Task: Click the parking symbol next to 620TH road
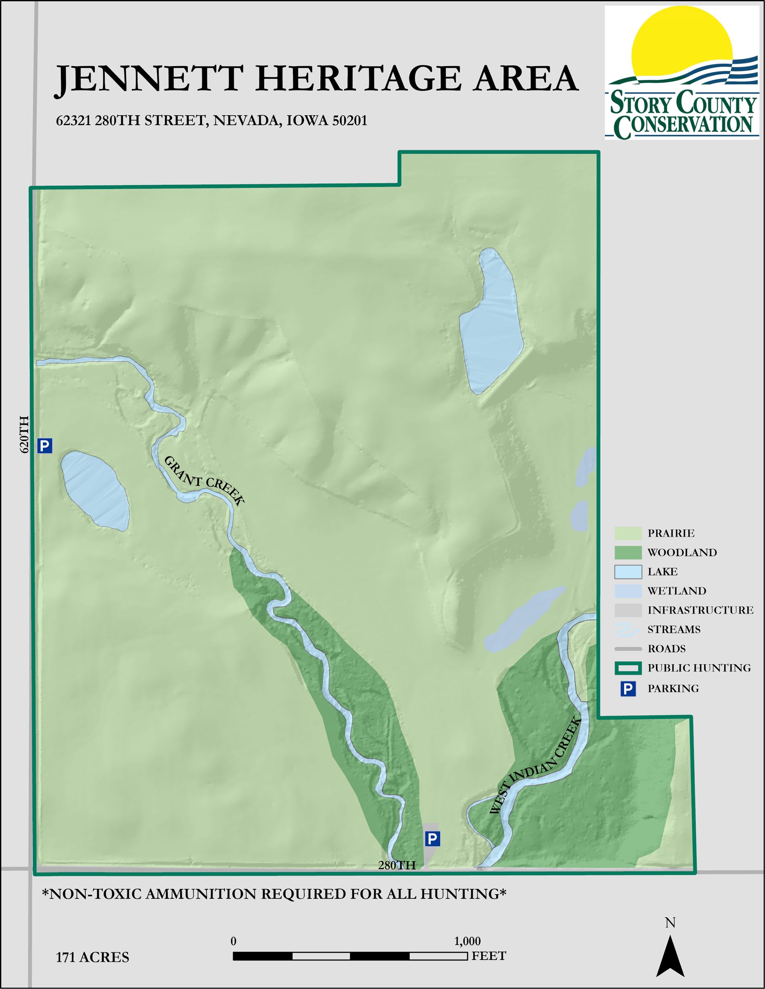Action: (45, 446)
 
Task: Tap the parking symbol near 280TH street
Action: (432, 839)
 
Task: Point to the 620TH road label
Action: (24, 434)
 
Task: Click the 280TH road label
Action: (396, 865)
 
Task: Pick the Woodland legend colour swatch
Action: (628, 552)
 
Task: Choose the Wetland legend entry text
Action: (677, 591)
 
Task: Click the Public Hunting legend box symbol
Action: (628, 668)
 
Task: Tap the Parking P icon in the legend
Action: (628, 689)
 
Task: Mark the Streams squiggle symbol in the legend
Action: (628, 630)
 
